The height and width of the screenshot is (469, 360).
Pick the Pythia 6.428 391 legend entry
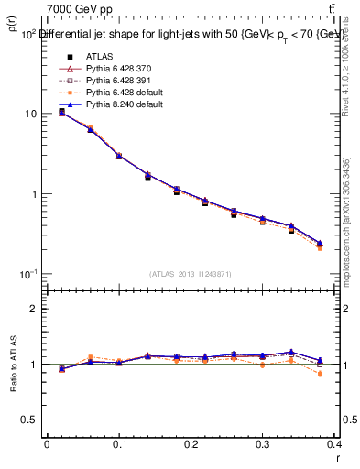coord(104,81)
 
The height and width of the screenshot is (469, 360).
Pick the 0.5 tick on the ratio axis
coord(29,420)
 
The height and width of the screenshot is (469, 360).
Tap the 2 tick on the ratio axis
coord(33,309)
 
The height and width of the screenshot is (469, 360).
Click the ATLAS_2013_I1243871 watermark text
coord(191,274)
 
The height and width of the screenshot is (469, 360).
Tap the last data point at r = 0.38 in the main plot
coord(320,245)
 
